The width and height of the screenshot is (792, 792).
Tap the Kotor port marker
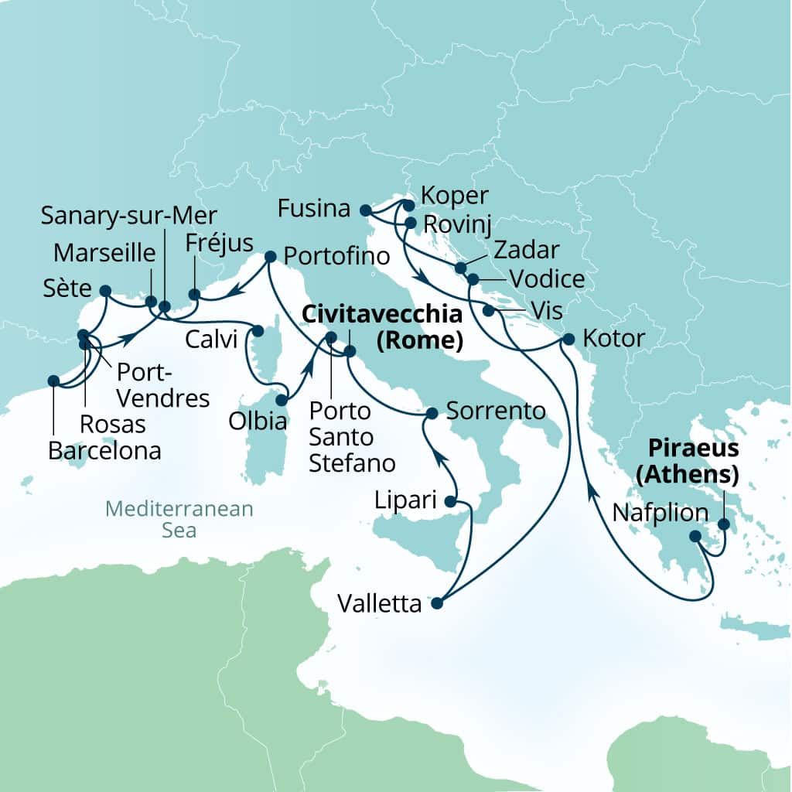[x=568, y=339]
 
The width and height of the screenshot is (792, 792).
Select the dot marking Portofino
[x=270, y=256]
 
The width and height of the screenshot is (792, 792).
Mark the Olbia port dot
[x=282, y=401]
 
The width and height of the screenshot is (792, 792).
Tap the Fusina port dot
[x=366, y=210]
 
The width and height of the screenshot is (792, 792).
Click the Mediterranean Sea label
[x=179, y=520]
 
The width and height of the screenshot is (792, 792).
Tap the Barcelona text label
[x=104, y=450]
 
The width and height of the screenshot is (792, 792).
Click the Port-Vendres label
[x=162, y=384]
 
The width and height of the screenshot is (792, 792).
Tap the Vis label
[x=548, y=310]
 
